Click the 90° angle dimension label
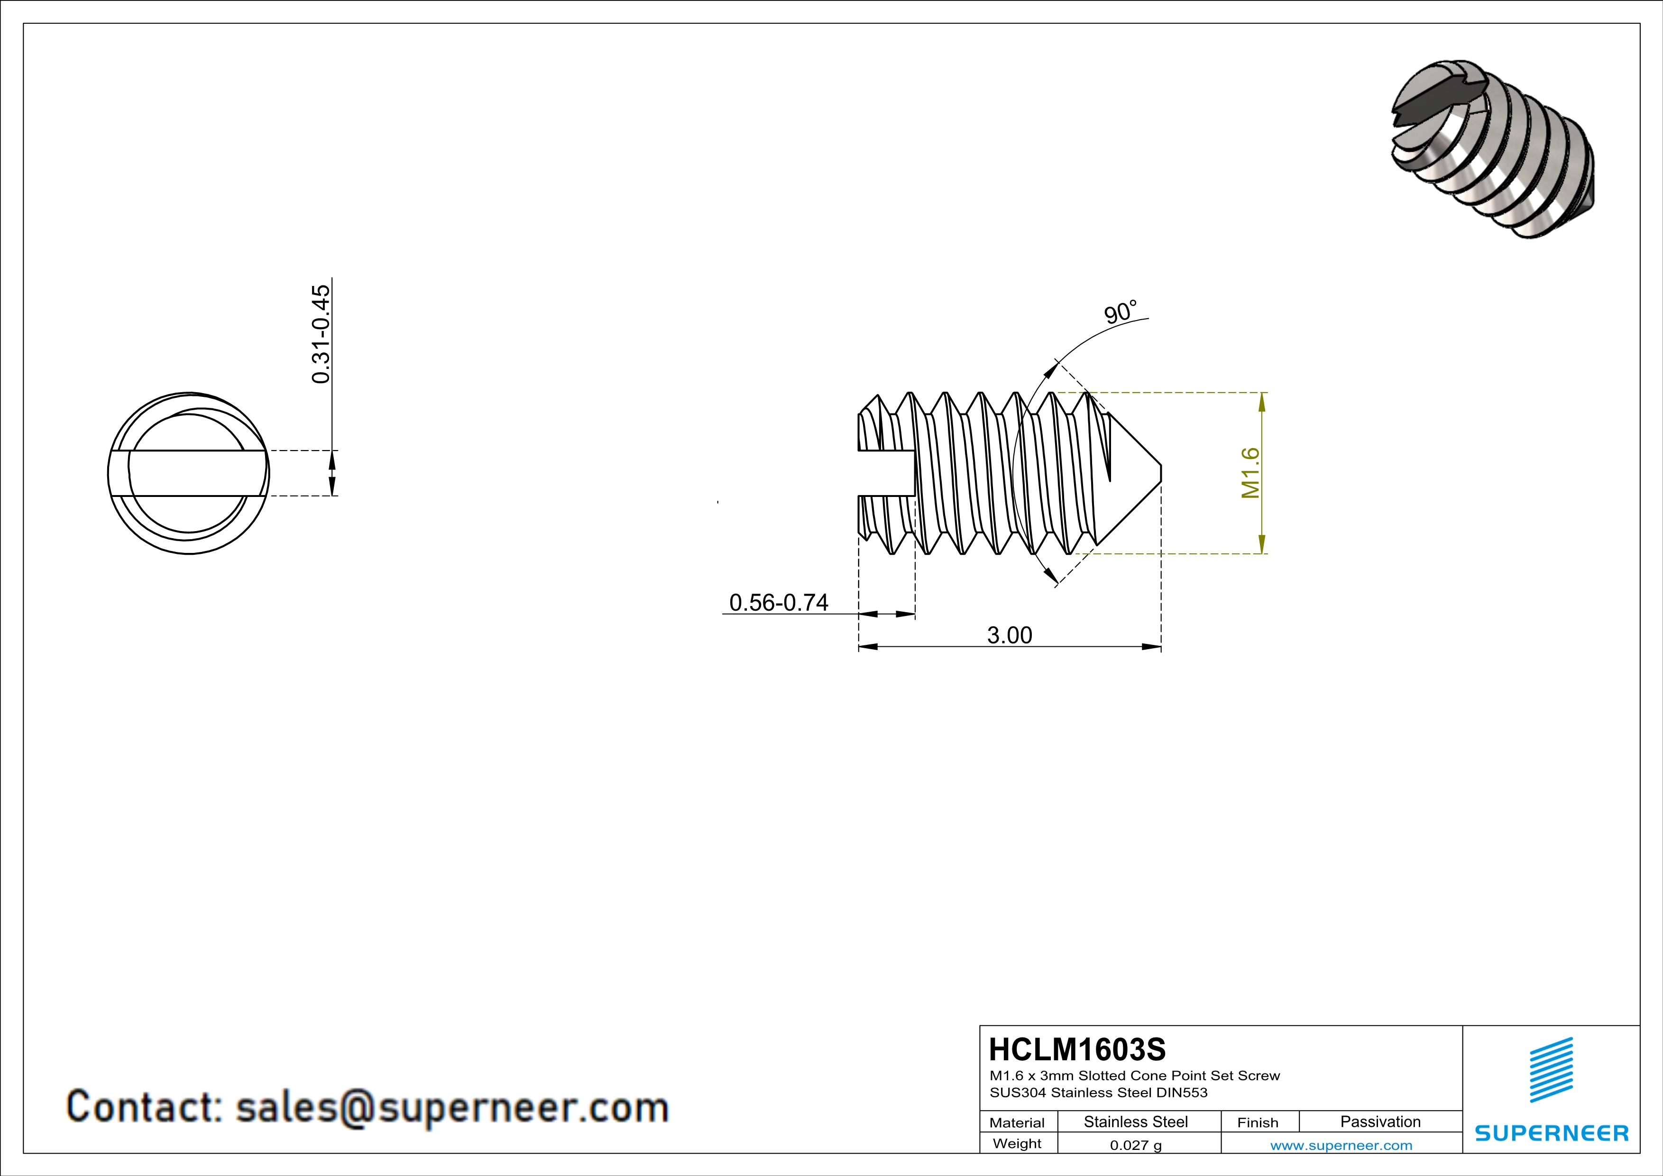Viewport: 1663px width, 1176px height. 1120,313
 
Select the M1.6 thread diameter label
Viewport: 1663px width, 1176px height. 1250,473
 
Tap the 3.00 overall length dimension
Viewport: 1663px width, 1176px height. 1009,635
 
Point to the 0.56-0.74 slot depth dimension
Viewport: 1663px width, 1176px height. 779,603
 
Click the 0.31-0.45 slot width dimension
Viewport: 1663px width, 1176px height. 320,334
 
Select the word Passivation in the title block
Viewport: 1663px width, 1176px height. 1380,1121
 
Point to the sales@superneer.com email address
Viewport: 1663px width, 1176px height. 452,1108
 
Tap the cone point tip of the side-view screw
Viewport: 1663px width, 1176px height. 1159,473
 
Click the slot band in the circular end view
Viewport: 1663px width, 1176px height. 188,473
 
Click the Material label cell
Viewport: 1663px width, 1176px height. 1017,1122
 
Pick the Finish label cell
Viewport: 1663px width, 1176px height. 1258,1122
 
